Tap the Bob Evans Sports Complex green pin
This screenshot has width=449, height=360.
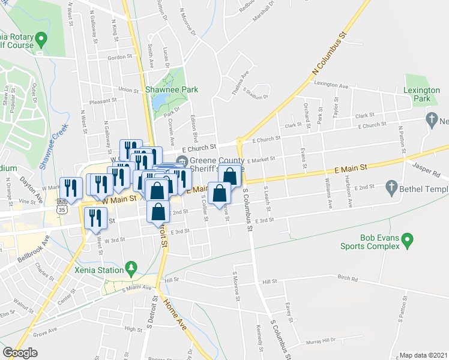point(408,241)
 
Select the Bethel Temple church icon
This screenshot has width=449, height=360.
point(391,187)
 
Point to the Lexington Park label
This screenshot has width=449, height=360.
point(422,94)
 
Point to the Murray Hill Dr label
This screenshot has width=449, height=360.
point(321,341)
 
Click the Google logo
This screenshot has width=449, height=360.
point(20,353)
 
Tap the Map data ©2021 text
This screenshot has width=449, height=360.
point(424,355)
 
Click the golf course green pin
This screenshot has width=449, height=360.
point(41,40)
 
